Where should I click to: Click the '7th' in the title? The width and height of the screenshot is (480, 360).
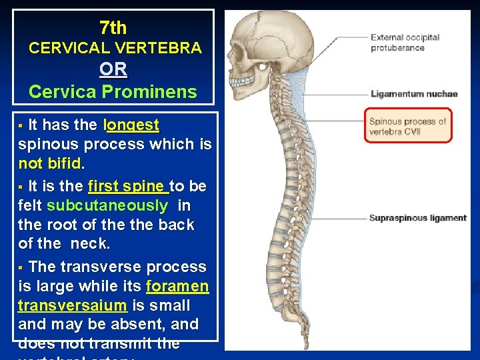click(x=113, y=27)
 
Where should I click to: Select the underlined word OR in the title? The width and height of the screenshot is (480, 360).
click(x=113, y=69)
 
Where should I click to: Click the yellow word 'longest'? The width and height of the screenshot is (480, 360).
click(x=132, y=125)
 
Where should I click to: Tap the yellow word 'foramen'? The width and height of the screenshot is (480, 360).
click(x=177, y=286)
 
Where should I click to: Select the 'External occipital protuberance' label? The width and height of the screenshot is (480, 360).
click(x=405, y=43)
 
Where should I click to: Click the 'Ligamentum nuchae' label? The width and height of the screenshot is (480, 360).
click(x=414, y=94)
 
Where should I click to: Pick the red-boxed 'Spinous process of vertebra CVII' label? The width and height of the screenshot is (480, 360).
click(x=408, y=126)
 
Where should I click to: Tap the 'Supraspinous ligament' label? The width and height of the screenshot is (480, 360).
click(x=418, y=218)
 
